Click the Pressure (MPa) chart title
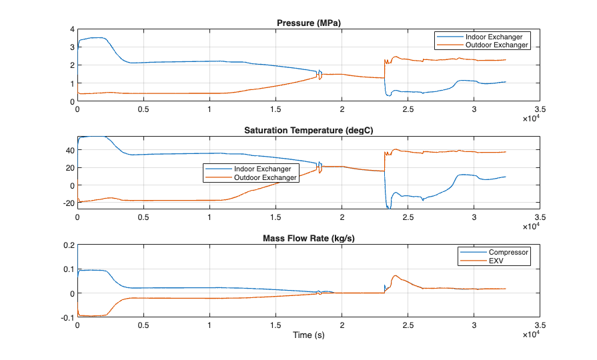tap(309, 24)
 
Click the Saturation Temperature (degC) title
tap(309, 130)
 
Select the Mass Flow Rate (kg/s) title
tap(309, 239)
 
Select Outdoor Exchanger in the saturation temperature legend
tap(265, 178)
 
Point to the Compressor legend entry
tap(508, 252)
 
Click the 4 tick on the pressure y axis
tap(71, 29)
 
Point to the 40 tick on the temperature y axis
tap(69, 150)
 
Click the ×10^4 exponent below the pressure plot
tap(531, 118)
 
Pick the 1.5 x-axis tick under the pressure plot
tap(275, 110)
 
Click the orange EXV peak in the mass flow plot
tap(396, 275)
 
